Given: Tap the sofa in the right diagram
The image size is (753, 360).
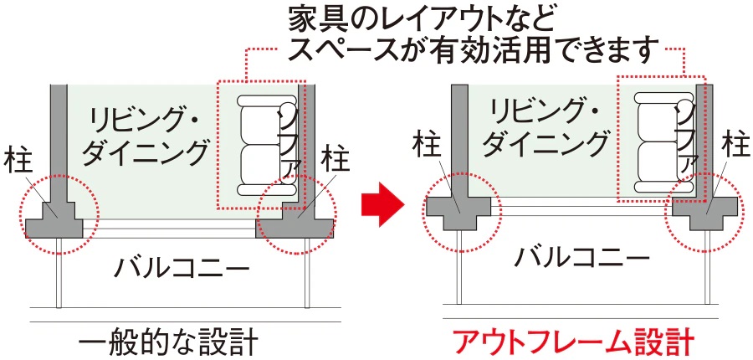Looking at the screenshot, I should tap(657, 142).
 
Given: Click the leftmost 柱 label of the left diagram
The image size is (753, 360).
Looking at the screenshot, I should tap(18, 158).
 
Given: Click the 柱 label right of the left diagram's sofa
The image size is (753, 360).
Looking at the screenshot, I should tap(336, 157).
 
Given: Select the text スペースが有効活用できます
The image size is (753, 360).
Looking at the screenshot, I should tap(469, 50).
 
